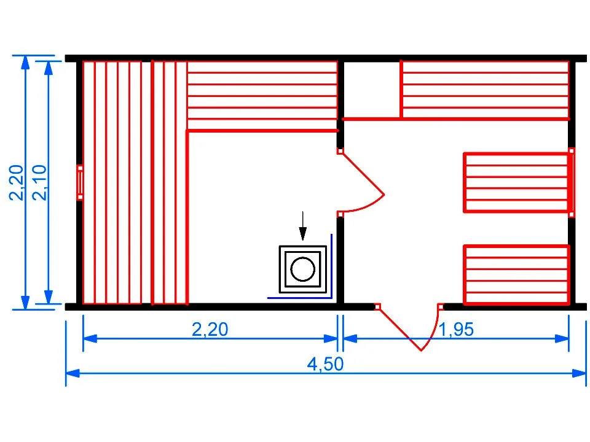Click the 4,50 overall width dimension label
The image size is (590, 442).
click(325, 364)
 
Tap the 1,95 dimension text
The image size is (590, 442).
click(456, 330)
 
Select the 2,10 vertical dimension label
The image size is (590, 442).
click(39, 183)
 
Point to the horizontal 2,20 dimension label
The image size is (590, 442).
click(210, 330)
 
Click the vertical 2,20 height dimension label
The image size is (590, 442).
click(16, 183)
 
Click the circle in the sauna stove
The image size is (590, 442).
click(302, 269)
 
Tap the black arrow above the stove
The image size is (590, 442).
click(302, 226)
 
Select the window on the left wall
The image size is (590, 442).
click(80, 183)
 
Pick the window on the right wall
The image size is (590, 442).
click(572, 183)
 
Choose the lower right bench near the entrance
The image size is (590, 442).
click(517, 274)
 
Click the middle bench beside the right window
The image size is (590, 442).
click(516, 183)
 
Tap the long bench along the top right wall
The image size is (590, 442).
click(485, 90)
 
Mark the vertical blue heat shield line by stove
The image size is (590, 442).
click(331, 266)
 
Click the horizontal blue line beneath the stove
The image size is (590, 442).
click(299, 298)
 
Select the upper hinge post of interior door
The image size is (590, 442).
click(340, 151)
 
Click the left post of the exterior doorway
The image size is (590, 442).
click(377, 307)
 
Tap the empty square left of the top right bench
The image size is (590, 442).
click(372, 90)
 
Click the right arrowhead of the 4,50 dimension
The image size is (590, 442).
click(579, 373)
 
